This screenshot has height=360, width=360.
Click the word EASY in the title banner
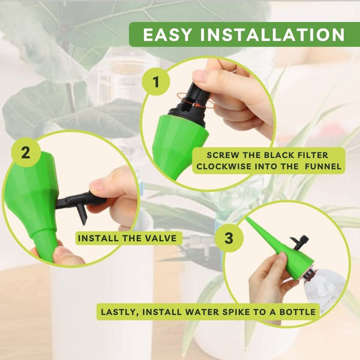tap(167, 35)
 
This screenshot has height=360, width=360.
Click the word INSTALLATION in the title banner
tap(272, 35)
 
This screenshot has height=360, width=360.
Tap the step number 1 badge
tap(156, 82)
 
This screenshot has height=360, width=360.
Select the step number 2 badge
tap(26, 152)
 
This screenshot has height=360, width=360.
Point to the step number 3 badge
tap(229, 238)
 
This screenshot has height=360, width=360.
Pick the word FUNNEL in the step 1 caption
tap(323, 166)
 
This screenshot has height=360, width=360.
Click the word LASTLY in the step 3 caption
tap(119, 312)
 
